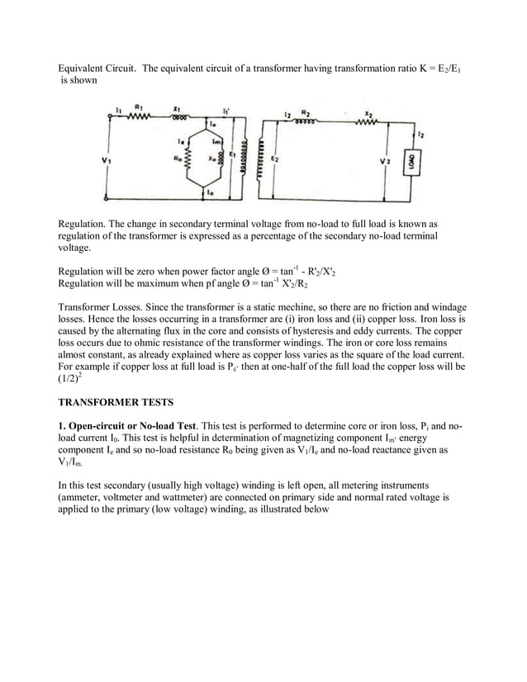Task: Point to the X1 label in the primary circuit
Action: [177, 107]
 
